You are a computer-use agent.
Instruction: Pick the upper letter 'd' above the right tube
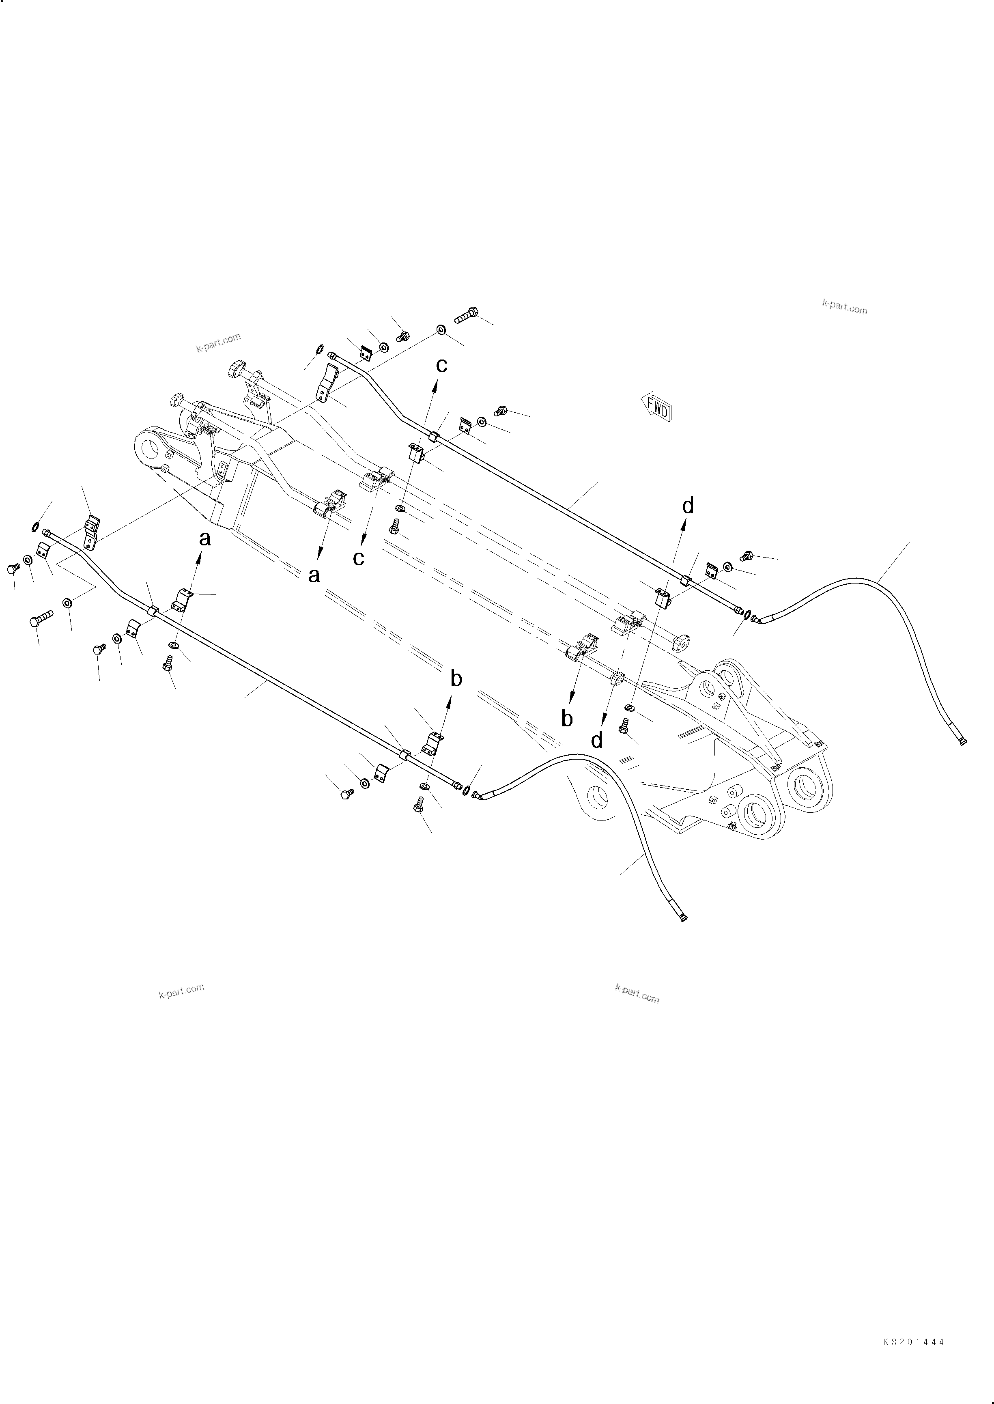click(688, 506)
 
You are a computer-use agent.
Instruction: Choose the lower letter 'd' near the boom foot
click(597, 740)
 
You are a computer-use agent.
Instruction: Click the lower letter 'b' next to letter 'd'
click(567, 719)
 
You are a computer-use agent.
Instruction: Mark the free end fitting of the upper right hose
click(963, 742)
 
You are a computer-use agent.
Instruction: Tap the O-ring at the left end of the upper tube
click(319, 349)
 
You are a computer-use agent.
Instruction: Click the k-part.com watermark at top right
click(845, 308)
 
